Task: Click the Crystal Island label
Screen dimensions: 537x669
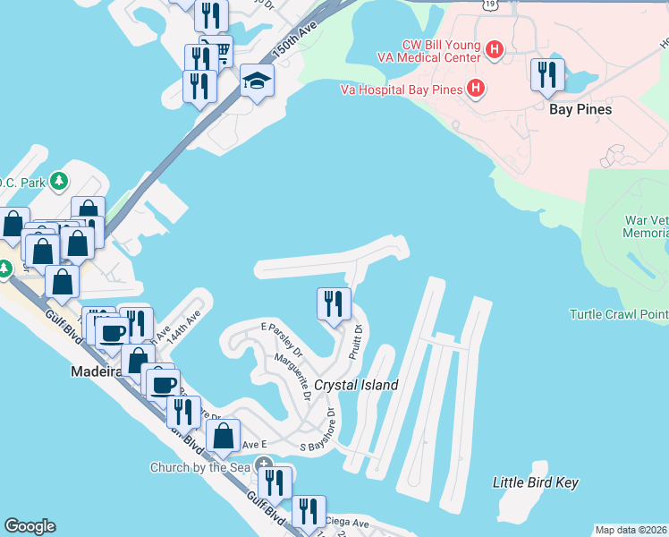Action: (x=356, y=386)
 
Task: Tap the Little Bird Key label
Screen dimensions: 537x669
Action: (x=536, y=482)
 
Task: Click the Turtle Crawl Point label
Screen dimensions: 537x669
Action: (x=619, y=314)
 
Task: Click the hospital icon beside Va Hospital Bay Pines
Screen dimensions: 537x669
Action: (x=476, y=89)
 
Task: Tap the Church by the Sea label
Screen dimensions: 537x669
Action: (x=199, y=466)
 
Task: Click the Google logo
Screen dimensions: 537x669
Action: (x=30, y=526)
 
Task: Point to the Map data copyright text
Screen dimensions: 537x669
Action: (x=631, y=530)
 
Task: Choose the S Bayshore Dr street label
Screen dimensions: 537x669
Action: (x=317, y=431)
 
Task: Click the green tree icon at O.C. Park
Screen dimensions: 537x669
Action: (x=59, y=182)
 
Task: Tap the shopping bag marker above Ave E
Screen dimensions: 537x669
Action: (x=224, y=436)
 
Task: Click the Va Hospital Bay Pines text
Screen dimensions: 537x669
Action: (x=402, y=89)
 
